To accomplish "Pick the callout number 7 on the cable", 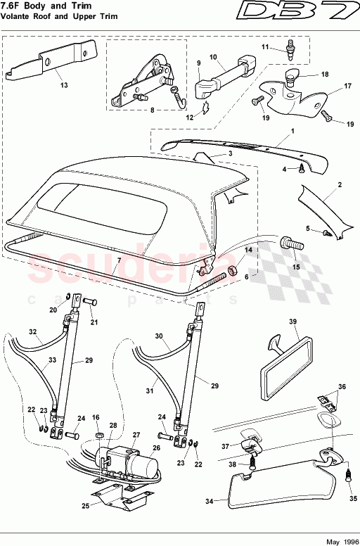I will click(x=119, y=261).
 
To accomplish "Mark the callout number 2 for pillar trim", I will click(x=340, y=184).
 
